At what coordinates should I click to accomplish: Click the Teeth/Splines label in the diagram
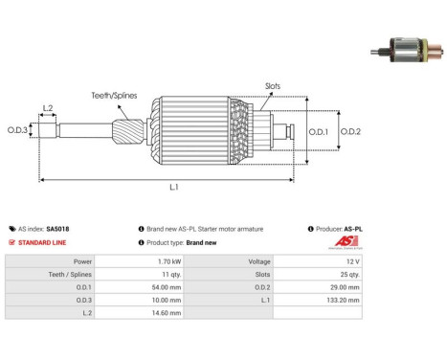point(114,96)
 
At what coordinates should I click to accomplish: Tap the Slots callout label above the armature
point(273,86)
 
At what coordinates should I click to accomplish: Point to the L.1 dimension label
point(174,187)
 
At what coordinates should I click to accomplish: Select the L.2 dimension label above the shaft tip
point(48,108)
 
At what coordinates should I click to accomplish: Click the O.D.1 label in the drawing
point(319,132)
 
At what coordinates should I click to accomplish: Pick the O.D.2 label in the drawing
point(350,131)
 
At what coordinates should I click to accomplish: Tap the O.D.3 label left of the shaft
point(17,130)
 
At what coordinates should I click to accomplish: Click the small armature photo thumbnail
point(407,50)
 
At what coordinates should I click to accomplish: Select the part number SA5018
point(57,229)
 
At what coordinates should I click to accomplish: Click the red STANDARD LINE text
point(42,242)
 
